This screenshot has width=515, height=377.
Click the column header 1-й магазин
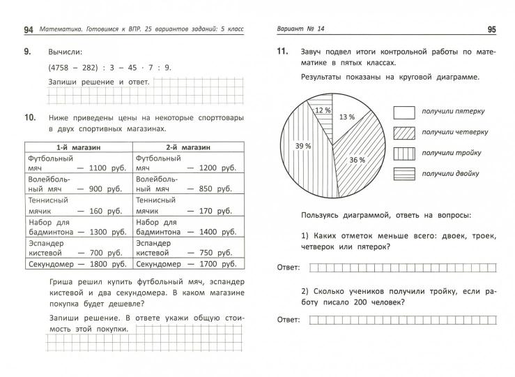[x=78, y=148]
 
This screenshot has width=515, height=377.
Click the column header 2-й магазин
[x=187, y=148]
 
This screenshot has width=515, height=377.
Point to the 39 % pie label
[x=302, y=146]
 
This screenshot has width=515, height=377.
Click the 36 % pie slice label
[x=358, y=160]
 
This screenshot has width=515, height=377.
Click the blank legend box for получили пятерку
[x=404, y=112]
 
